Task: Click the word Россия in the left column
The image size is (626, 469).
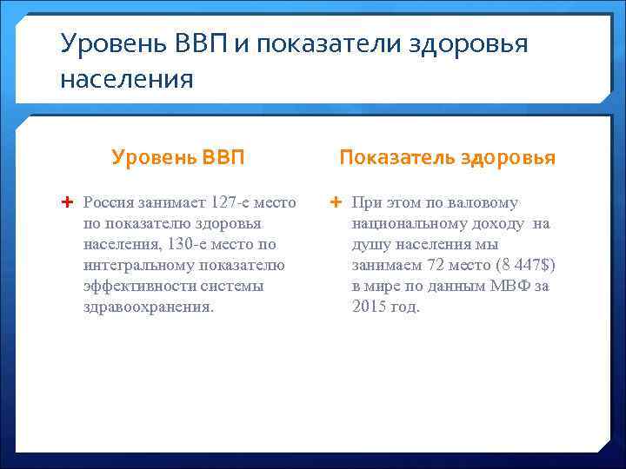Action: click(108, 203)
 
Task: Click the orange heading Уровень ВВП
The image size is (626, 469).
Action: click(178, 157)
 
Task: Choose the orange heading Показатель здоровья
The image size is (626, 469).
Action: click(447, 157)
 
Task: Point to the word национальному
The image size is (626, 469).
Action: click(406, 224)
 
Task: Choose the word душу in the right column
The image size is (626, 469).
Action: click(371, 245)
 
